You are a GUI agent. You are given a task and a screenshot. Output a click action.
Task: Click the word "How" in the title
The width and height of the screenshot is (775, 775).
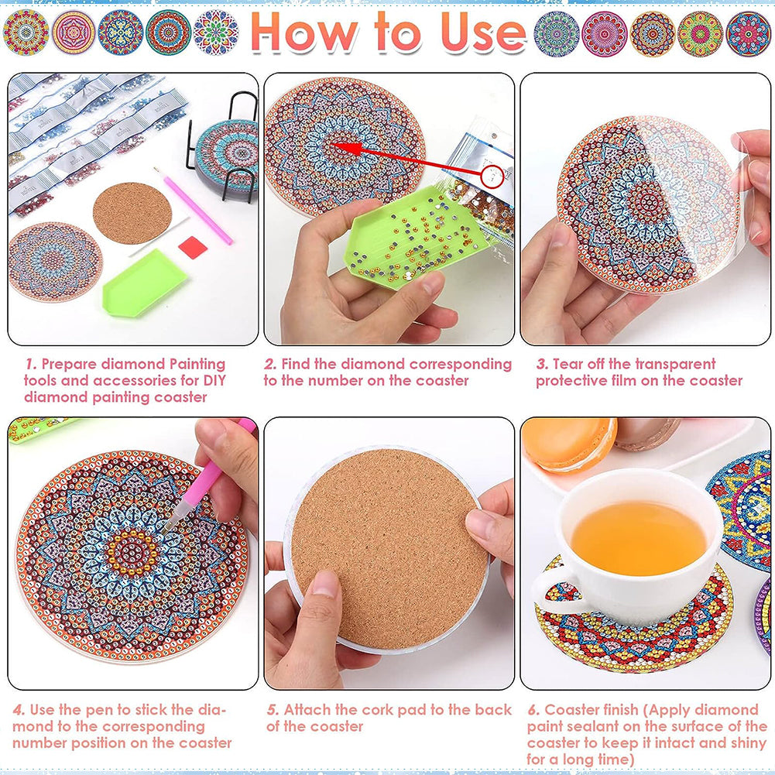[x=304, y=33]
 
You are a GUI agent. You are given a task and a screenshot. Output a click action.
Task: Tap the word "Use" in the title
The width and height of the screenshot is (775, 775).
[x=483, y=33]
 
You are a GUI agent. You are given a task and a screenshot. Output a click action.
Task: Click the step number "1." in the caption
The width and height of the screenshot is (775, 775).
[x=31, y=364]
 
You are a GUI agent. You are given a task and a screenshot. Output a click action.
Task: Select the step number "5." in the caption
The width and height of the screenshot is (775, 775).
[x=273, y=710]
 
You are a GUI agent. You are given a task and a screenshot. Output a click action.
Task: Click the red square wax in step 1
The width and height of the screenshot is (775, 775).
[x=192, y=247]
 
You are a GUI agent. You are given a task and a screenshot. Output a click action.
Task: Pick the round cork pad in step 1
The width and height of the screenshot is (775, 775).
[x=132, y=213]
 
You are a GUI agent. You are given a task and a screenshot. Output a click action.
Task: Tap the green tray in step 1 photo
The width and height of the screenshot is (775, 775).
[x=144, y=283]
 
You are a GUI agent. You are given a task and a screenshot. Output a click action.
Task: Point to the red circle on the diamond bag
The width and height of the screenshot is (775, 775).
[x=492, y=177]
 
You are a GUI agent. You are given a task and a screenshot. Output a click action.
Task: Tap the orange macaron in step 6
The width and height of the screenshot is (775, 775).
[x=569, y=444]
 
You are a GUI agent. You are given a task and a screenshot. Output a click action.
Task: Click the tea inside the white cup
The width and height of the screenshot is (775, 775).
[x=639, y=538]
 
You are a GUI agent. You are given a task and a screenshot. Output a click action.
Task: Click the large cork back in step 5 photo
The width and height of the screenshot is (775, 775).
[x=389, y=549]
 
